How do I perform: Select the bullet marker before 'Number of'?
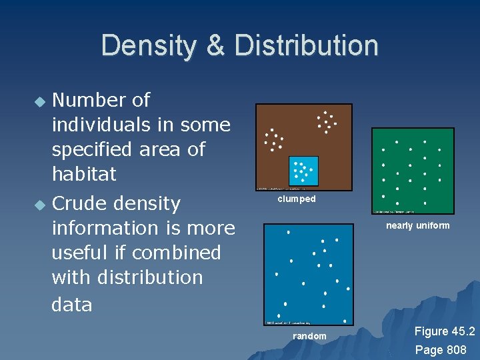tap(41, 102)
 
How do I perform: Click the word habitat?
tap(84, 174)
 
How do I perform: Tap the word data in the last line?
tap(71, 304)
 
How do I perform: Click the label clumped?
tap(297, 199)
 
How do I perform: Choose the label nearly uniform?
tap(417, 225)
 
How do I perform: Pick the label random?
tap(309, 336)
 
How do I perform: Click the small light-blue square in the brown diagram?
tap(303, 171)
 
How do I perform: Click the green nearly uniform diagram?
tap(412, 170)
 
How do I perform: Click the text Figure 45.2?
tap(444, 331)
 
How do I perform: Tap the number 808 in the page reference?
tap(456, 349)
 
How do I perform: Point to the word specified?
tap(95, 149)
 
